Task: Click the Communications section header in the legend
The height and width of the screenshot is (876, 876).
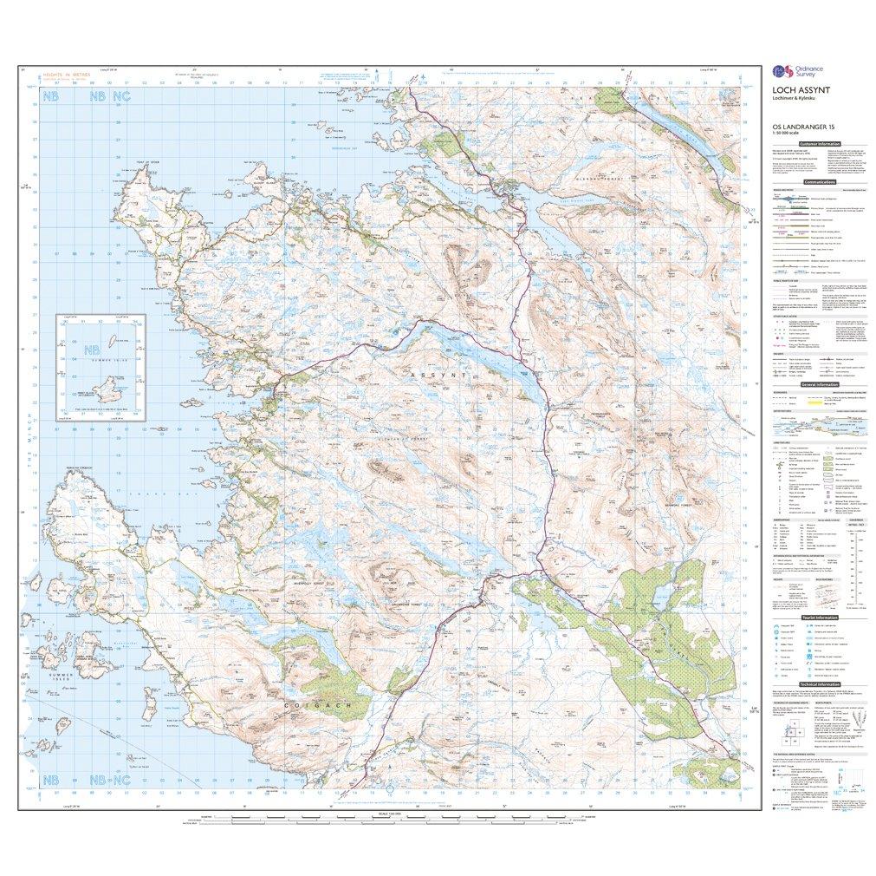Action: point(820,183)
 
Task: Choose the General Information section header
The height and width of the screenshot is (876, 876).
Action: point(820,384)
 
